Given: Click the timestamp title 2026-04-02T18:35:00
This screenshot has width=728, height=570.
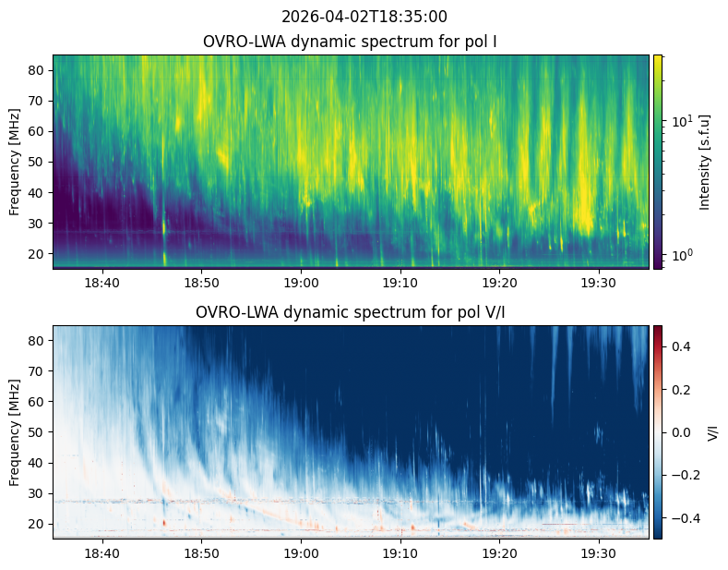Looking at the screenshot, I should [364, 17].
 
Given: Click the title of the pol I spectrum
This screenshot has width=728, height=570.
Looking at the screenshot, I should [351, 42].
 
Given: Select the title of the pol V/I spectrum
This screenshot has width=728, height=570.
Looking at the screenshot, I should [350, 312].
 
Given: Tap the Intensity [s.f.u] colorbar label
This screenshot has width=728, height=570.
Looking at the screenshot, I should [706, 162].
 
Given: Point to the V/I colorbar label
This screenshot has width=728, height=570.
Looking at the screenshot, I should [712, 432].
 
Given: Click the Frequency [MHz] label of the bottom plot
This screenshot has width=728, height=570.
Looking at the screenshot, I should [14, 432].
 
